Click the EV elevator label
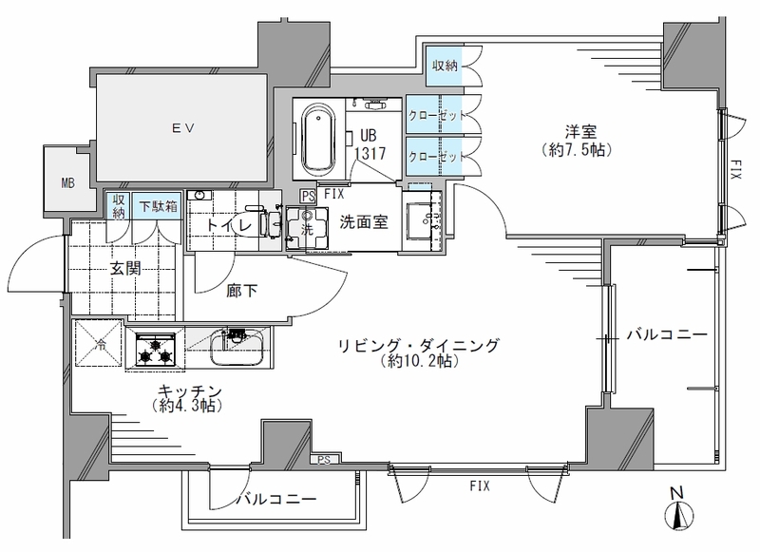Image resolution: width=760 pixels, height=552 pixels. (183, 128)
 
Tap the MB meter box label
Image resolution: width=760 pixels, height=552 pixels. (68, 183)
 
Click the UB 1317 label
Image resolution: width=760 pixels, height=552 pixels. (370, 144)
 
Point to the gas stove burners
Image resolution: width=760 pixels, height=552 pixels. (156, 351)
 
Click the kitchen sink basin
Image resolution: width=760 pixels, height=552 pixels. (237, 347)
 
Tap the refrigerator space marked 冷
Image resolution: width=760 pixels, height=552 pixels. (99, 344)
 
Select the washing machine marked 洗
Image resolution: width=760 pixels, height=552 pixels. (307, 228)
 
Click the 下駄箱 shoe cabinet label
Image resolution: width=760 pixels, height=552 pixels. (159, 206)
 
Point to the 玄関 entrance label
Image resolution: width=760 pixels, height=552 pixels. (125, 268)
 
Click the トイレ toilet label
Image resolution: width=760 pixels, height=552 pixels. (229, 225)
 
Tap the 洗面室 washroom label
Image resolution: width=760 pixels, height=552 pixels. (364, 222)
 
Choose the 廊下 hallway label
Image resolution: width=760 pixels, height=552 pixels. (241, 291)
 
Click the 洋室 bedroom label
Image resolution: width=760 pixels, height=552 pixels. (580, 132)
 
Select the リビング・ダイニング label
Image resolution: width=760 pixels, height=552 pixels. (418, 346)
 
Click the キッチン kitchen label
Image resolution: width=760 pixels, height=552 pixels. (189, 390)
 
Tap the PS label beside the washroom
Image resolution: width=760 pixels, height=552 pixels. (308, 197)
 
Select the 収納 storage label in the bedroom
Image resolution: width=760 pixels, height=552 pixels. (445, 66)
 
